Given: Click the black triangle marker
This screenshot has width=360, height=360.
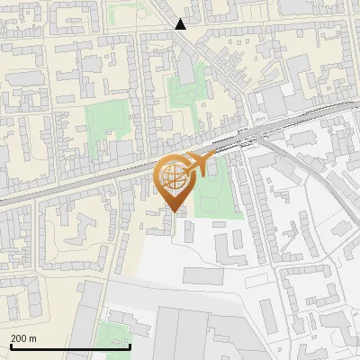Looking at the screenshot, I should (x=181, y=24).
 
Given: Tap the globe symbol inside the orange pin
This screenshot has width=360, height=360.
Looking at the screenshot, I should (x=173, y=178).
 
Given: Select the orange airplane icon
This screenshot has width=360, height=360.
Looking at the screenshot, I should (x=198, y=165).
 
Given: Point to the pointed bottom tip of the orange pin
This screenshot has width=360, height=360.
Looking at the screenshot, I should (x=174, y=211).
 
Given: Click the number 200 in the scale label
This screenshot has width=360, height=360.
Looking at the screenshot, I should (x=19, y=338).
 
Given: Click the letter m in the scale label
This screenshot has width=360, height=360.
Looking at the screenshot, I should (x=33, y=338).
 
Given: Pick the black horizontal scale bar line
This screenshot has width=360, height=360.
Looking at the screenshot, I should (x=70, y=346).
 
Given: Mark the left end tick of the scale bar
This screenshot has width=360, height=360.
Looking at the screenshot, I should (x=11, y=346).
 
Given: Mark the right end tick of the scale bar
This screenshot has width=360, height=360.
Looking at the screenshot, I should (x=130, y=346).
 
